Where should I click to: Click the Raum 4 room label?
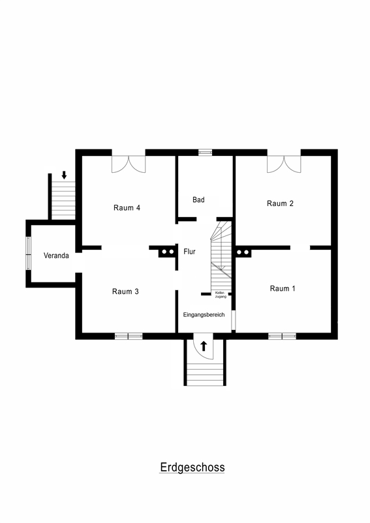click(x=127, y=208)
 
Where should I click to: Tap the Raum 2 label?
click(x=280, y=203)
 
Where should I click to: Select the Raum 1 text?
click(x=283, y=288)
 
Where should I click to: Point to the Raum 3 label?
click(x=125, y=291)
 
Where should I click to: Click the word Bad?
click(x=198, y=200)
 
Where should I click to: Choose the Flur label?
click(x=189, y=252)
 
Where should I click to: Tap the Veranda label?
click(x=56, y=256)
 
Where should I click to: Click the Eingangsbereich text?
click(x=204, y=314)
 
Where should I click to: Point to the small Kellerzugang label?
click(x=221, y=295)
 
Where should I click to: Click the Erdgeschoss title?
click(x=192, y=468)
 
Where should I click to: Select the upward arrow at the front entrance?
click(x=204, y=346)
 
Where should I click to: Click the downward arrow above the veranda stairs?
click(x=64, y=175)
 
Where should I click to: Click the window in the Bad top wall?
click(x=205, y=153)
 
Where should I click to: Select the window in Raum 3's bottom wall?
click(x=129, y=336)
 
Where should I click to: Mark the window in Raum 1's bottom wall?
click(x=283, y=336)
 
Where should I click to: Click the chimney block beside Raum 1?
click(x=243, y=252)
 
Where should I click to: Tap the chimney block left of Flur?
click(x=167, y=252)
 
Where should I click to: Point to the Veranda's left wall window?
click(x=28, y=254)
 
